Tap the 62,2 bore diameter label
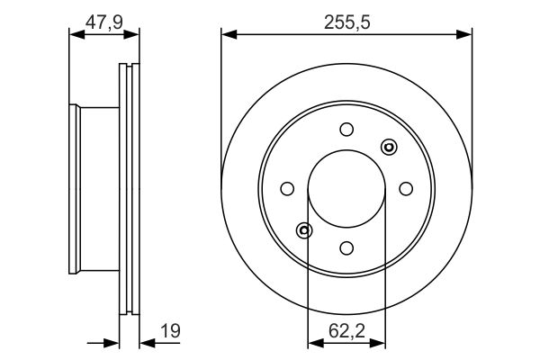click(x=346, y=330)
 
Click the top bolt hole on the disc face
click(x=346, y=129)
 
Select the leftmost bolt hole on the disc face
click(x=287, y=188)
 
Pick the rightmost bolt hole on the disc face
click(x=406, y=188)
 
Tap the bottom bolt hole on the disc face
click(x=346, y=247)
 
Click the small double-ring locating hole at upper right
click(x=389, y=146)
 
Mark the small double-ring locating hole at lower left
click(x=304, y=230)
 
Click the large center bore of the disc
click(x=346, y=188)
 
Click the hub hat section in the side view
click(x=94, y=188)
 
